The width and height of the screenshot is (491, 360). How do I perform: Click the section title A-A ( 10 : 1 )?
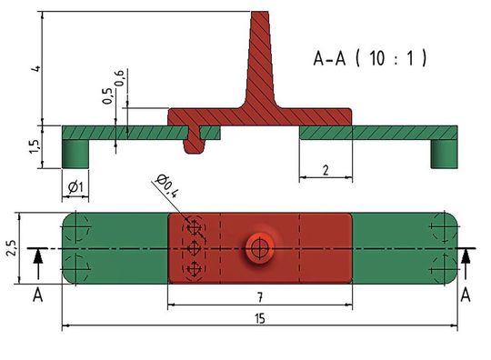(x=369, y=60)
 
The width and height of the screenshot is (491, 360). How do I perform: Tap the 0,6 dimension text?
(x=121, y=79)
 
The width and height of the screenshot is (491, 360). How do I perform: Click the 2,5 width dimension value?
(x=11, y=247)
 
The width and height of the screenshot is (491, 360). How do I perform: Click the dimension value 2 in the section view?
(x=325, y=170)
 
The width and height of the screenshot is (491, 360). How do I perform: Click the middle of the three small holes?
(x=193, y=247)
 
